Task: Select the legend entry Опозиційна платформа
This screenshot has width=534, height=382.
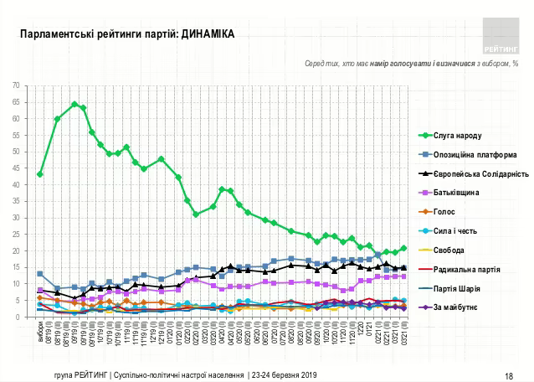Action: point(470,154)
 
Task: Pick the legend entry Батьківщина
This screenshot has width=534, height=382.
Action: point(459,193)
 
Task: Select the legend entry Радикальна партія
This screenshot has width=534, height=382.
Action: point(466,270)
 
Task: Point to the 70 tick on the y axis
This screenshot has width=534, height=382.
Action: point(18,85)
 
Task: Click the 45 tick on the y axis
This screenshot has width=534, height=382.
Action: point(18,168)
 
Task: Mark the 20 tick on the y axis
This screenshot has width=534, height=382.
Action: point(18,251)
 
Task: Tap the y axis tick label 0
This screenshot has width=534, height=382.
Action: point(19,317)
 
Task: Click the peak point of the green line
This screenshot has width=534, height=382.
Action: point(74,104)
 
